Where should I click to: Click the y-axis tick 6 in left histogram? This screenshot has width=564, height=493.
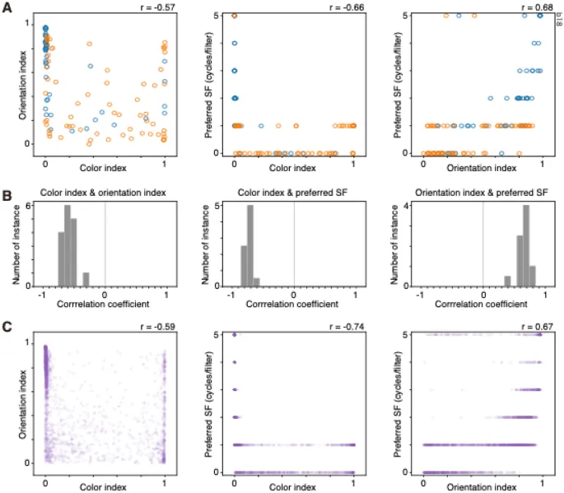coord(30,206)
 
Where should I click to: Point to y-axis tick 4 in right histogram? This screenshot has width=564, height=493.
coord(409,206)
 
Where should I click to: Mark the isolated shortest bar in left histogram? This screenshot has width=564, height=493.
coord(86,280)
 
